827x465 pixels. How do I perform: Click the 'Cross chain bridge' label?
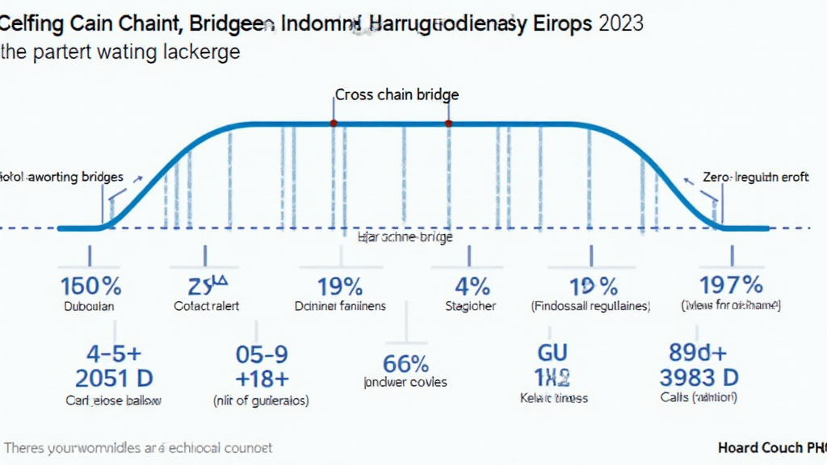[x=397, y=94]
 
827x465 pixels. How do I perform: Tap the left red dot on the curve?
[x=333, y=124]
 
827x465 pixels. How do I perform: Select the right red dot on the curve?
[x=449, y=124]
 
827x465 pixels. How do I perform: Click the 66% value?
[x=405, y=362]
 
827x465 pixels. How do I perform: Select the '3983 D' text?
[x=699, y=377]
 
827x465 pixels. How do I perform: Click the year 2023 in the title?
[x=621, y=23]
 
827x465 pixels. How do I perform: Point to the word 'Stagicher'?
[x=471, y=307]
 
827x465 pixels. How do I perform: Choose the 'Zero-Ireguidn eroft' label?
[x=755, y=177]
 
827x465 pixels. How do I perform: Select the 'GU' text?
[x=552, y=353]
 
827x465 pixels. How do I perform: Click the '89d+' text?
[x=699, y=353]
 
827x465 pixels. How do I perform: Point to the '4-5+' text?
[x=114, y=354]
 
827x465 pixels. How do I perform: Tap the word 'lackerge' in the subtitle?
[x=199, y=53]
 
